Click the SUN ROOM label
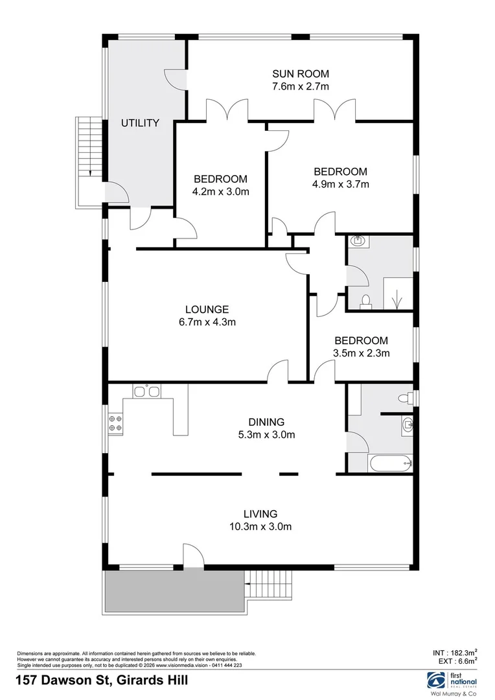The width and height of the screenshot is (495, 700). click(301, 73)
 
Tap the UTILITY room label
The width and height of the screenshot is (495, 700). click(140, 122)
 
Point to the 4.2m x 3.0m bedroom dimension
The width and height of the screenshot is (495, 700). click(221, 191)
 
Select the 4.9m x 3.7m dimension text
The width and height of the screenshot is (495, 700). click(340, 184)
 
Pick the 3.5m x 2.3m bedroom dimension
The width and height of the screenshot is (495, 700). click(361, 353)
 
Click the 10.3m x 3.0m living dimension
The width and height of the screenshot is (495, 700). click(260, 526)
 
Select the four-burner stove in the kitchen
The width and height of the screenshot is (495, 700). click(116, 423)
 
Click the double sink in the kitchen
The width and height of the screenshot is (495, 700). click(146, 391)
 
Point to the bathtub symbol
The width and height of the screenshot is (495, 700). click(389, 462)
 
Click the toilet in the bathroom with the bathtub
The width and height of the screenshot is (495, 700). click(406, 398)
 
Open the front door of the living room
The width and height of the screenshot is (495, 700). click(193, 555)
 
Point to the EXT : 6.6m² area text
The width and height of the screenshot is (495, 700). click(456, 661)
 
